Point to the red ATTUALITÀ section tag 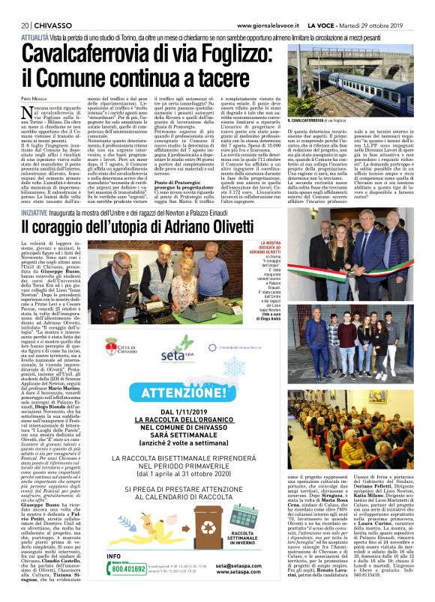34,35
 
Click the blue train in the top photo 352,82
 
